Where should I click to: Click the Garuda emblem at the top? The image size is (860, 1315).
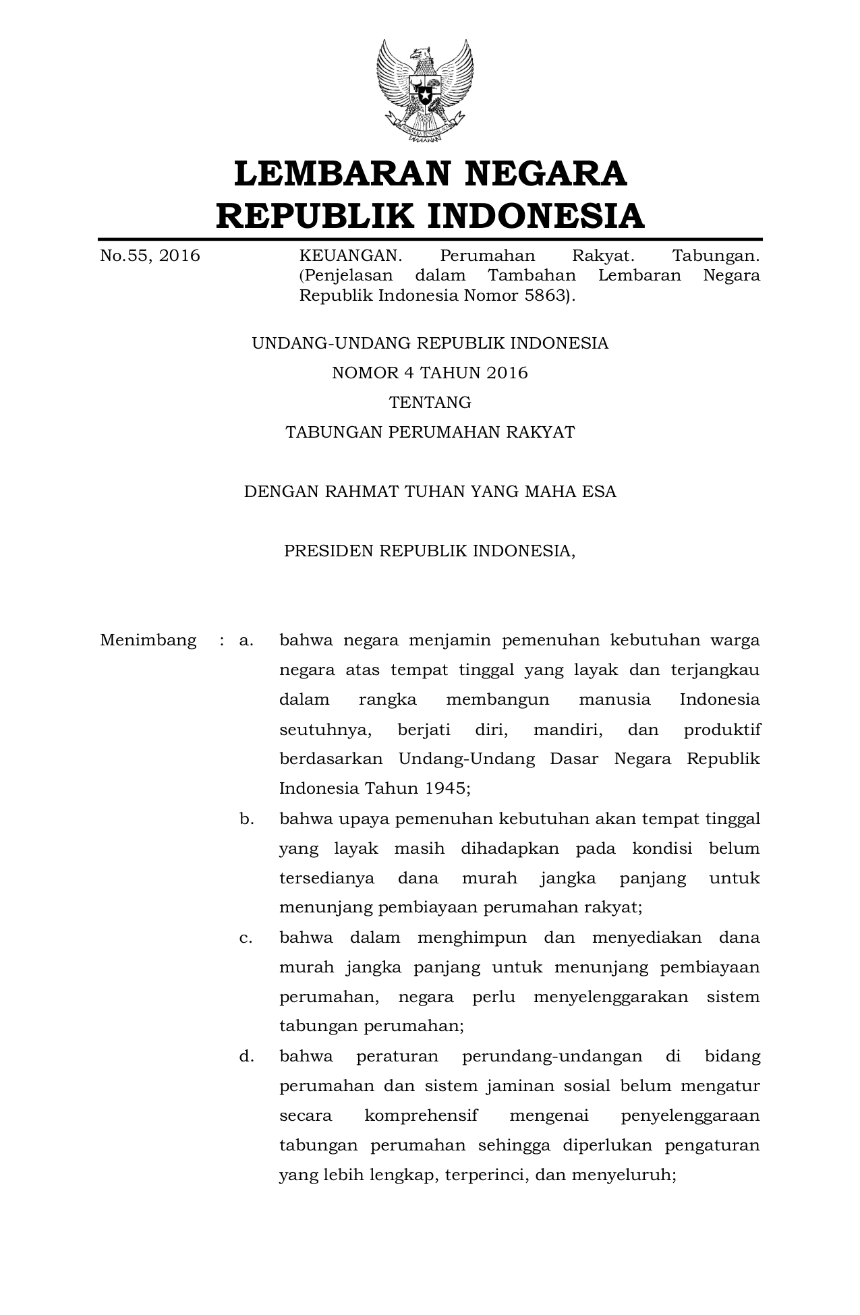tap(425, 90)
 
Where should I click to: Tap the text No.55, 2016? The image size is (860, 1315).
tap(150, 256)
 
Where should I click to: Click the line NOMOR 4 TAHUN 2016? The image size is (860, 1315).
tap(430, 373)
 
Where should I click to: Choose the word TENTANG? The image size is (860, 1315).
tap(430, 403)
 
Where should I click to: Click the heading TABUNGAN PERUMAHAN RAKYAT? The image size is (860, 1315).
tap(430, 432)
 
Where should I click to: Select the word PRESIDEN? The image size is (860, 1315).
tap(328, 551)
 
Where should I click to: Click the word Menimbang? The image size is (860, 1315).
tap(148, 640)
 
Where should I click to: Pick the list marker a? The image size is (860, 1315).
tap(246, 640)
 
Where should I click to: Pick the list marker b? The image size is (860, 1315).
tap(246, 819)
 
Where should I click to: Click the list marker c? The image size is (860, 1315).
tap(246, 937)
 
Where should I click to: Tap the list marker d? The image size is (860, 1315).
tap(246, 1056)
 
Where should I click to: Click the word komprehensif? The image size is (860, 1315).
tap(421, 1115)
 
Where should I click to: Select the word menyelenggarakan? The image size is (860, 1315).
tap(610, 997)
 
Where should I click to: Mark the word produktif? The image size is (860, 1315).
tap(722, 730)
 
